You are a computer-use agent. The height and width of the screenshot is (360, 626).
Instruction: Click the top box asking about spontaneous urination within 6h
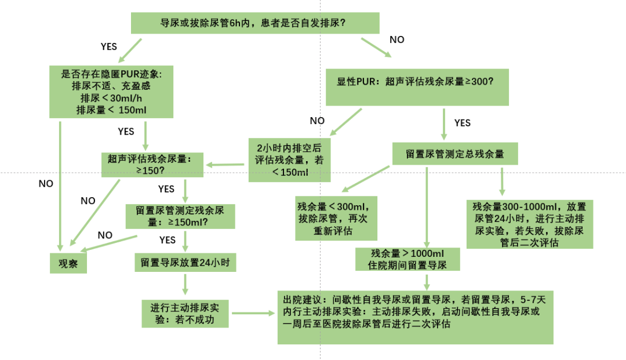[254, 24]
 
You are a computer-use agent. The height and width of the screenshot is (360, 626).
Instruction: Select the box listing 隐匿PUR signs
[111, 90]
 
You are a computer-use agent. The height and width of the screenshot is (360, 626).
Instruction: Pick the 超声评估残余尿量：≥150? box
[152, 165]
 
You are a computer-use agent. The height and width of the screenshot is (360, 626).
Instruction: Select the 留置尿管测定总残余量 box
[454, 154]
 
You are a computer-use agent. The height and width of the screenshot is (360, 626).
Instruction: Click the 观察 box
[68, 262]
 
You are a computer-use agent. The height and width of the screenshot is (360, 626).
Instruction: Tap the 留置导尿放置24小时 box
[185, 262]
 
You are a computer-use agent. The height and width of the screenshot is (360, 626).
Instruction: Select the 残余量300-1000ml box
[529, 224]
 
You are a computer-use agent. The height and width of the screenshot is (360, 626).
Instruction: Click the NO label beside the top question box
[397, 39]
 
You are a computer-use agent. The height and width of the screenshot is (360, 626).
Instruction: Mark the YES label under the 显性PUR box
[462, 123]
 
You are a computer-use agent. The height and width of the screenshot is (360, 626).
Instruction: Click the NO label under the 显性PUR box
[317, 121]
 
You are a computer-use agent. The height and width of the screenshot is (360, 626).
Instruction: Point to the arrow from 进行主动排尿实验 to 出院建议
[252, 313]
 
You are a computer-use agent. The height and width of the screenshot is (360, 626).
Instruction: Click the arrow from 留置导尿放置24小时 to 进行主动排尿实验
[185, 284]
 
